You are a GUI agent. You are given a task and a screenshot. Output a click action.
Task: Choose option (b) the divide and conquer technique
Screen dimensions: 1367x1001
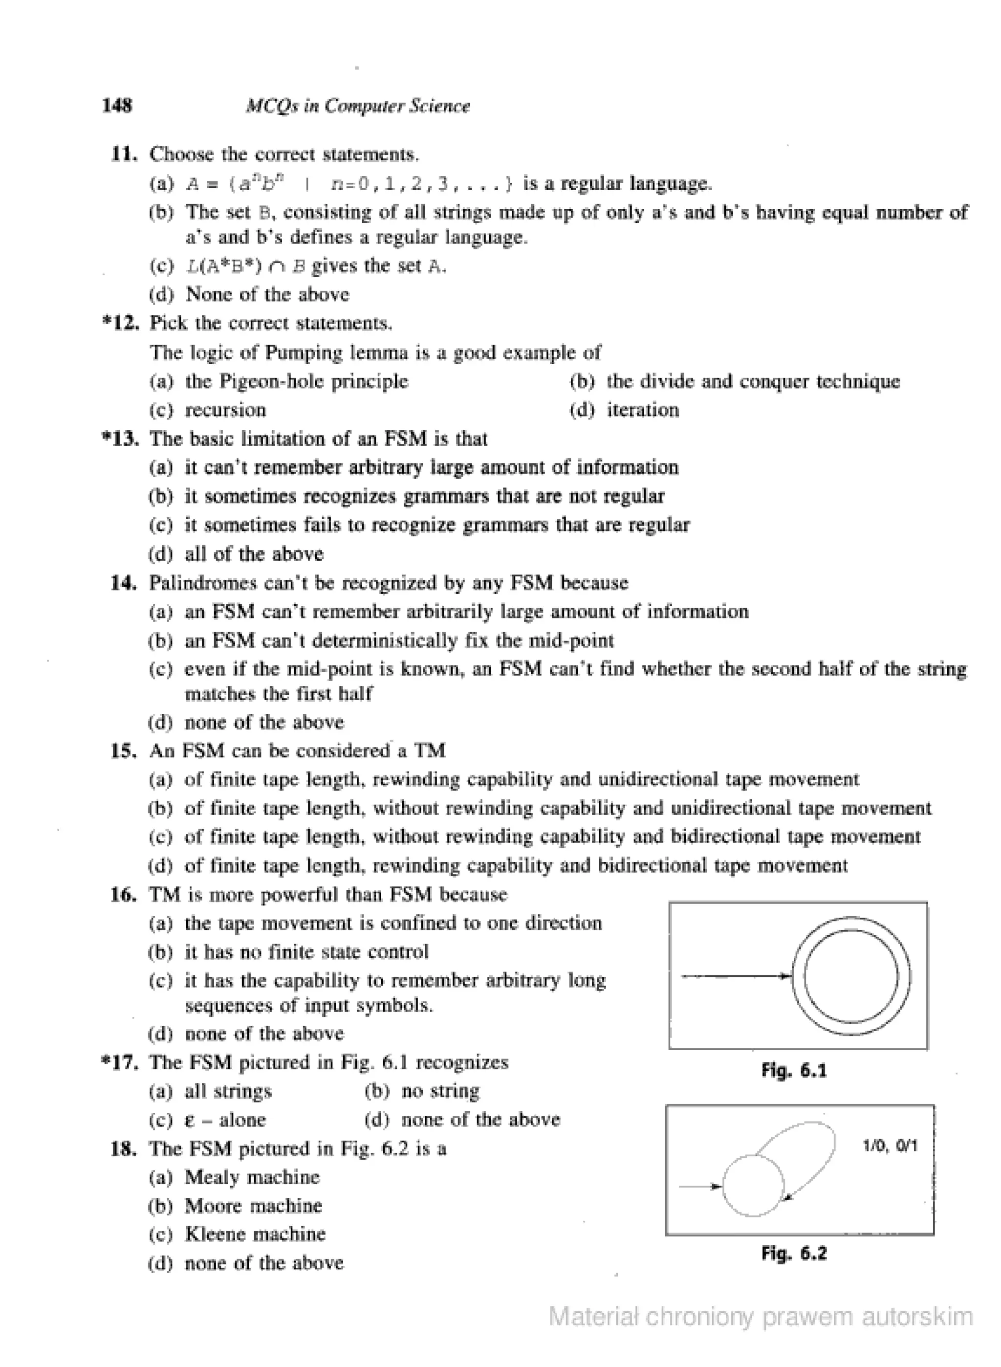point(735,381)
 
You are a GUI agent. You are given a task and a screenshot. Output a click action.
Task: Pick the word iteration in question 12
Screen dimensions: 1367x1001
point(642,410)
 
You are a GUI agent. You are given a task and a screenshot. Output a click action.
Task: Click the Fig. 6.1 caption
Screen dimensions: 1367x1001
point(794,1071)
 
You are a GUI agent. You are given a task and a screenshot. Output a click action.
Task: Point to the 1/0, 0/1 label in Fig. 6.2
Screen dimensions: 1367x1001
point(890,1146)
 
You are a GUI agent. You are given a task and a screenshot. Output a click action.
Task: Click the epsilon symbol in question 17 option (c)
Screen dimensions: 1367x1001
point(189,1121)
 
